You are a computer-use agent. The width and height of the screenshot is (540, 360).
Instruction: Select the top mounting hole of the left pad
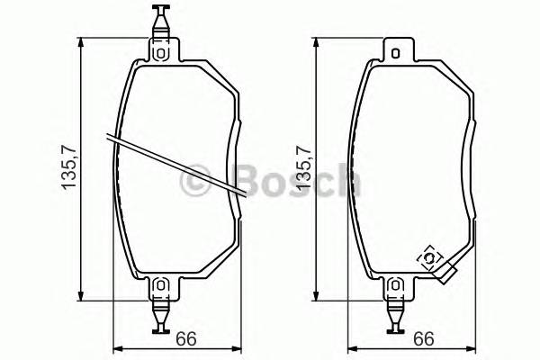pos(161,51)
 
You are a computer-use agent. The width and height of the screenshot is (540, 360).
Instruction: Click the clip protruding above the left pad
pos(161,18)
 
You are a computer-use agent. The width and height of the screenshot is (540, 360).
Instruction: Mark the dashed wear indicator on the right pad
pos(430,258)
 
